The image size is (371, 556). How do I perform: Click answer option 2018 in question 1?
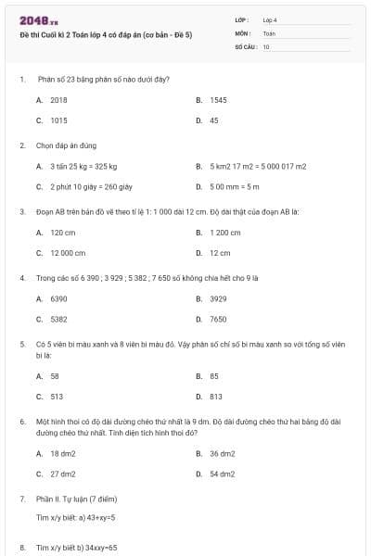pyautogui.click(x=58, y=99)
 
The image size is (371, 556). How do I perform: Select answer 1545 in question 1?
pyautogui.click(x=218, y=99)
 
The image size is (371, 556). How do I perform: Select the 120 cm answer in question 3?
pyautogui.click(x=63, y=233)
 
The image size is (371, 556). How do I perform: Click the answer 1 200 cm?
pyautogui.click(x=225, y=233)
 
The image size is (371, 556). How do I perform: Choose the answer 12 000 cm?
pyautogui.click(x=68, y=253)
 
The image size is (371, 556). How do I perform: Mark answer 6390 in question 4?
pyautogui.click(x=58, y=298)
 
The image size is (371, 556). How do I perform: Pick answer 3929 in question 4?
pyautogui.click(x=218, y=298)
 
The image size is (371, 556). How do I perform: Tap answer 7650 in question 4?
pyautogui.click(x=218, y=319)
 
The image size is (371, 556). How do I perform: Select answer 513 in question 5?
pyautogui.click(x=57, y=396)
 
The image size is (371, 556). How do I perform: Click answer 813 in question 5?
pyautogui.click(x=216, y=396)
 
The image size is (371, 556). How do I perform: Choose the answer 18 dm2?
pyautogui.click(x=63, y=453)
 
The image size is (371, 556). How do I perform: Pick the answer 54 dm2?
pyautogui.click(x=223, y=474)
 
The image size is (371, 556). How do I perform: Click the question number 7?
pyautogui.click(x=22, y=499)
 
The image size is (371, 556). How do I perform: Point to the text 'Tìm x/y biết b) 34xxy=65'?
pyautogui.click(x=76, y=548)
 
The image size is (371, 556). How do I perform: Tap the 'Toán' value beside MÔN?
pyautogui.click(x=269, y=32)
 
